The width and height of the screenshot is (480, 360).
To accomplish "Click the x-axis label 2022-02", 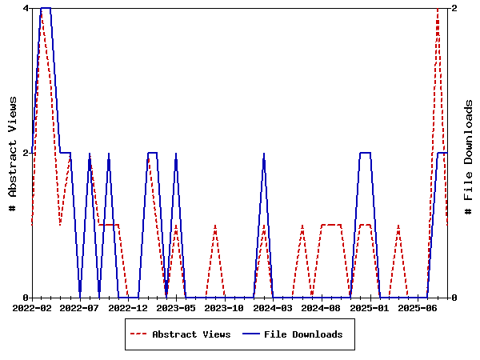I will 32,307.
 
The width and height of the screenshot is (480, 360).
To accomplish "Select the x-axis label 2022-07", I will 80,307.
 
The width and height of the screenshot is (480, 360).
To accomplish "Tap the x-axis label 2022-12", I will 128,307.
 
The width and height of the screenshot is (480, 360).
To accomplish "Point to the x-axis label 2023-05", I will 176,307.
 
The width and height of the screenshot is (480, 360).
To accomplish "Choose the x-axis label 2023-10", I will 225,307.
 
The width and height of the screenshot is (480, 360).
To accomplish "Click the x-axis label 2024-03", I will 273,307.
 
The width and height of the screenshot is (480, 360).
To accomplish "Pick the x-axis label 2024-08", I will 321,307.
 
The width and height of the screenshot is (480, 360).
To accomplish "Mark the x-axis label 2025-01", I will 370,307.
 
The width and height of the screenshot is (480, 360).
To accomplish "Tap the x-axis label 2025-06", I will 418,307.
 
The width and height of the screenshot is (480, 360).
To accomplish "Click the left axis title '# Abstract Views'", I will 12,153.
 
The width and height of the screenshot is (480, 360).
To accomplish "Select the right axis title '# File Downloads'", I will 469,157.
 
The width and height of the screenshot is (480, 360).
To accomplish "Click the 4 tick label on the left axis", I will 26,8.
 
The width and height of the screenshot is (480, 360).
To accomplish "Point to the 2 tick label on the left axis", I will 26,153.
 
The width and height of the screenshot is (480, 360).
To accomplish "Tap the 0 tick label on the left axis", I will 26,298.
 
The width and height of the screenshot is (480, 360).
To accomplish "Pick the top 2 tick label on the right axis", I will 454,8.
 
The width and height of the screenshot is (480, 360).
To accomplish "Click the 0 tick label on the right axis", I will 454,298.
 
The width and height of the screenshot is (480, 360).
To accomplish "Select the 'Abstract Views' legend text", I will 191,334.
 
